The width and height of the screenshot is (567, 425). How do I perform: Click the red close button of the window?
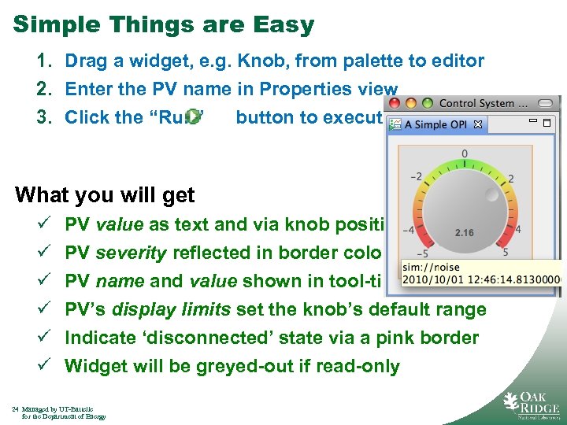[x=394, y=103]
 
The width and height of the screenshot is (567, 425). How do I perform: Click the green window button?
[x=427, y=103]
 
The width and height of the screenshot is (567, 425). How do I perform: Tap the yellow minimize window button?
[x=410, y=103]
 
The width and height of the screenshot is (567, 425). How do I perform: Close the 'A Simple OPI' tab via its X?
[x=477, y=124]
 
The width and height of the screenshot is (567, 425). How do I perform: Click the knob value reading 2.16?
[x=465, y=233]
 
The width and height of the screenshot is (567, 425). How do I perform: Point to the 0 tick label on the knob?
[x=465, y=153]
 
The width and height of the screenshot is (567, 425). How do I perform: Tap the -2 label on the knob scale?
[x=418, y=176]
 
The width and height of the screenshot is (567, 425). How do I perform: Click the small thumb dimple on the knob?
[x=491, y=194]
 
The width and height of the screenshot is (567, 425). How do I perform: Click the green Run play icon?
[x=193, y=117]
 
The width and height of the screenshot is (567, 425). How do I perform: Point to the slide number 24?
[x=16, y=408]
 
